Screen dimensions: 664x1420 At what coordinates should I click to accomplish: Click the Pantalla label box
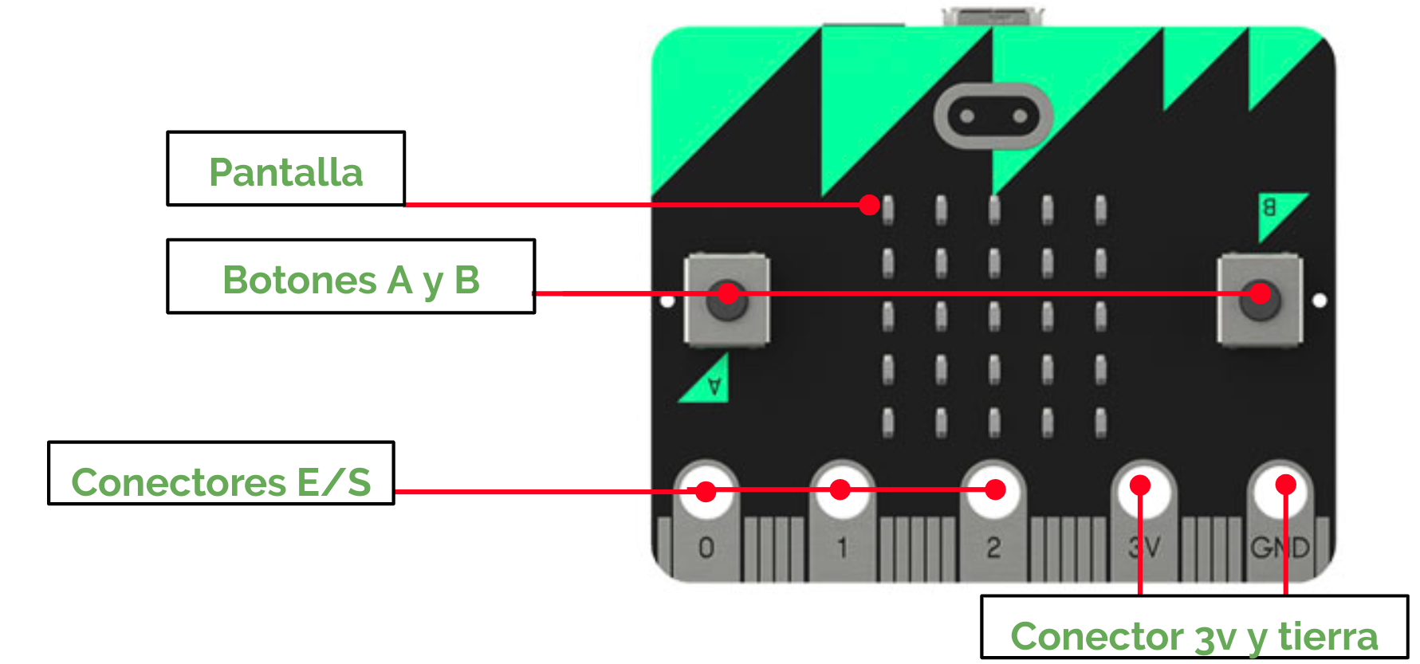[x=285, y=169]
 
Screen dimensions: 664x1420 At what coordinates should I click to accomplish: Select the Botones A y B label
[x=351, y=277]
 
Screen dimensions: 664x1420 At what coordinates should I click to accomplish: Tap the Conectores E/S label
[x=221, y=473]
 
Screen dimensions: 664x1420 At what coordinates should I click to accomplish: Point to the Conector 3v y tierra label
[x=1194, y=628]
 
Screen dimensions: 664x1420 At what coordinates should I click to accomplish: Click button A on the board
[x=726, y=300]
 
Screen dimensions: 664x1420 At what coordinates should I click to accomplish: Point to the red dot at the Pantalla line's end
[x=870, y=205]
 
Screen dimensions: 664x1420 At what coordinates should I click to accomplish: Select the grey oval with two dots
[x=993, y=116]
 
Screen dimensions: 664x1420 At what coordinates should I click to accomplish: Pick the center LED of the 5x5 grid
[x=994, y=316]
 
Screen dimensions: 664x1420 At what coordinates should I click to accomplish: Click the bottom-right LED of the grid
[x=1101, y=422]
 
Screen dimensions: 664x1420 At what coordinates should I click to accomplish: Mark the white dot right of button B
[x=1320, y=301]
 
